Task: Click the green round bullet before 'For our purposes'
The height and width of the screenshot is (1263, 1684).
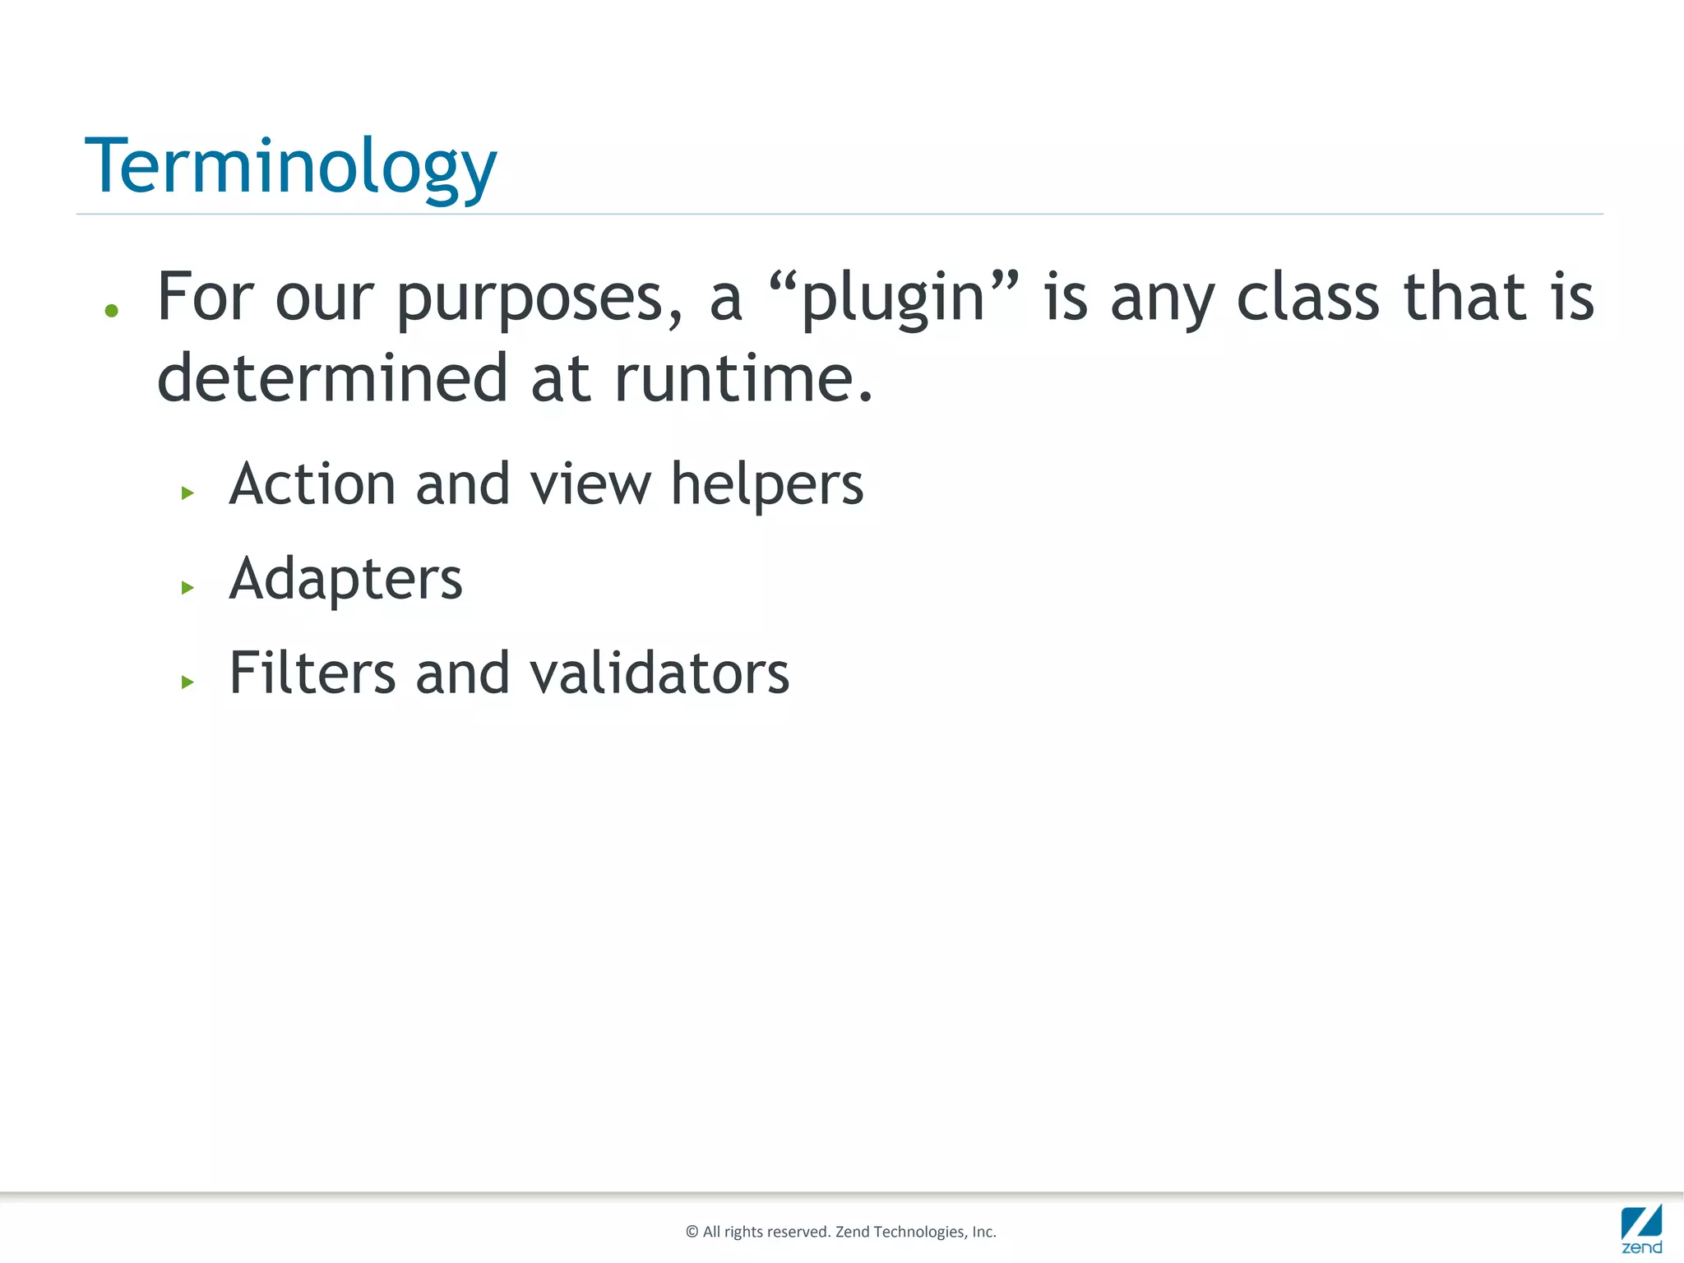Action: coord(112,311)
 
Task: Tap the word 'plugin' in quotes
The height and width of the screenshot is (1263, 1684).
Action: coord(893,298)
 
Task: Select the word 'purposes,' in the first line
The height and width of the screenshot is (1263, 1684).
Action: coord(539,298)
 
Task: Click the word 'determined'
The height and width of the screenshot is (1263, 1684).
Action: coord(332,378)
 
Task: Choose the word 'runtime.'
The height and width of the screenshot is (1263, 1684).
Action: coord(743,378)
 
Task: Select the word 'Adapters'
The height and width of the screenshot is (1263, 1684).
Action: coord(345,579)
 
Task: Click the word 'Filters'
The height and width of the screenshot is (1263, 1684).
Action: coord(312,673)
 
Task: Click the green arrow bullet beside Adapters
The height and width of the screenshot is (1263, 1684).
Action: coord(187,587)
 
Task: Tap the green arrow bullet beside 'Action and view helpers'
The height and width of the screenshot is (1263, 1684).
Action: coord(187,493)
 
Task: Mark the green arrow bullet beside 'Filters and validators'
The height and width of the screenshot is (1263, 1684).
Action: coord(187,682)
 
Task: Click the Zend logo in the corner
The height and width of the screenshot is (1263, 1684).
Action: coord(1641,1228)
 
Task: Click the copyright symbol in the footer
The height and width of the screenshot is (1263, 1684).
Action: coord(692,1232)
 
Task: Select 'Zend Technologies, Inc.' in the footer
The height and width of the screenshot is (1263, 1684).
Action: coord(915,1232)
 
